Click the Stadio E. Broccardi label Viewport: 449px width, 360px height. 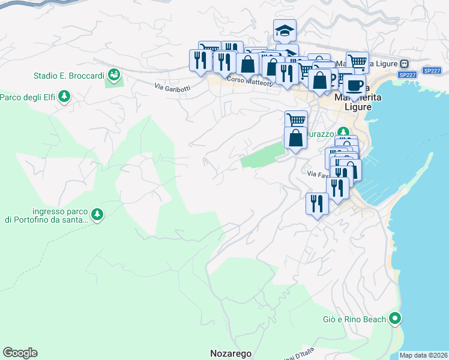pyautogui.click(x=68, y=76)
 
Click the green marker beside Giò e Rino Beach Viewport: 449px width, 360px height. pyautogui.click(x=395, y=319)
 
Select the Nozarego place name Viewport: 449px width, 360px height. pyautogui.click(x=231, y=353)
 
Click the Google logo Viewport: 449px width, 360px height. pyautogui.click(x=20, y=353)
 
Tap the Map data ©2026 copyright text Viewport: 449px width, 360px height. pyautogui.click(x=424, y=355)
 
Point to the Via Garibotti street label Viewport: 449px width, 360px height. pyautogui.click(x=172, y=87)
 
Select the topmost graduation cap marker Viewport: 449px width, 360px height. pyautogui.click(x=285, y=30)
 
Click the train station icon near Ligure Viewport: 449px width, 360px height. pyautogui.click(x=405, y=64)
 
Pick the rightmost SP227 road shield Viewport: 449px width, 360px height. pyautogui.click(x=432, y=71)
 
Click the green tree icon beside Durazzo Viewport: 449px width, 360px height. pyautogui.click(x=342, y=131)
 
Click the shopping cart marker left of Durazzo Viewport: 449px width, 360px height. pyautogui.click(x=296, y=120)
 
